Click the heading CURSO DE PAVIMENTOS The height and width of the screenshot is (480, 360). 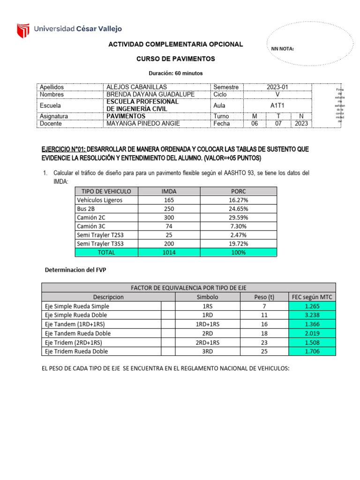click(176, 59)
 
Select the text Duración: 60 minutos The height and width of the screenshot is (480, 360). click(176, 74)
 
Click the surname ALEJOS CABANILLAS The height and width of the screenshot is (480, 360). click(136, 87)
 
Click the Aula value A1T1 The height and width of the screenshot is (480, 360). click(278, 105)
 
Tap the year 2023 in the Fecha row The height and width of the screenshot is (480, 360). click(301, 124)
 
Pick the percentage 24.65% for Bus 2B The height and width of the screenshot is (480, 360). click(238, 209)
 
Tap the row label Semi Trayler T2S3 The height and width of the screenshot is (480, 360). click(101, 235)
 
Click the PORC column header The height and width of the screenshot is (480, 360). click(238, 191)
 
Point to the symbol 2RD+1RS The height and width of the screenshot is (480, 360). click(207, 342)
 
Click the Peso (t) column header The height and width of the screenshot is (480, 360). click(263, 297)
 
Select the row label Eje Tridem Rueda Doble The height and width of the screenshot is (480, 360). click(76, 351)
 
